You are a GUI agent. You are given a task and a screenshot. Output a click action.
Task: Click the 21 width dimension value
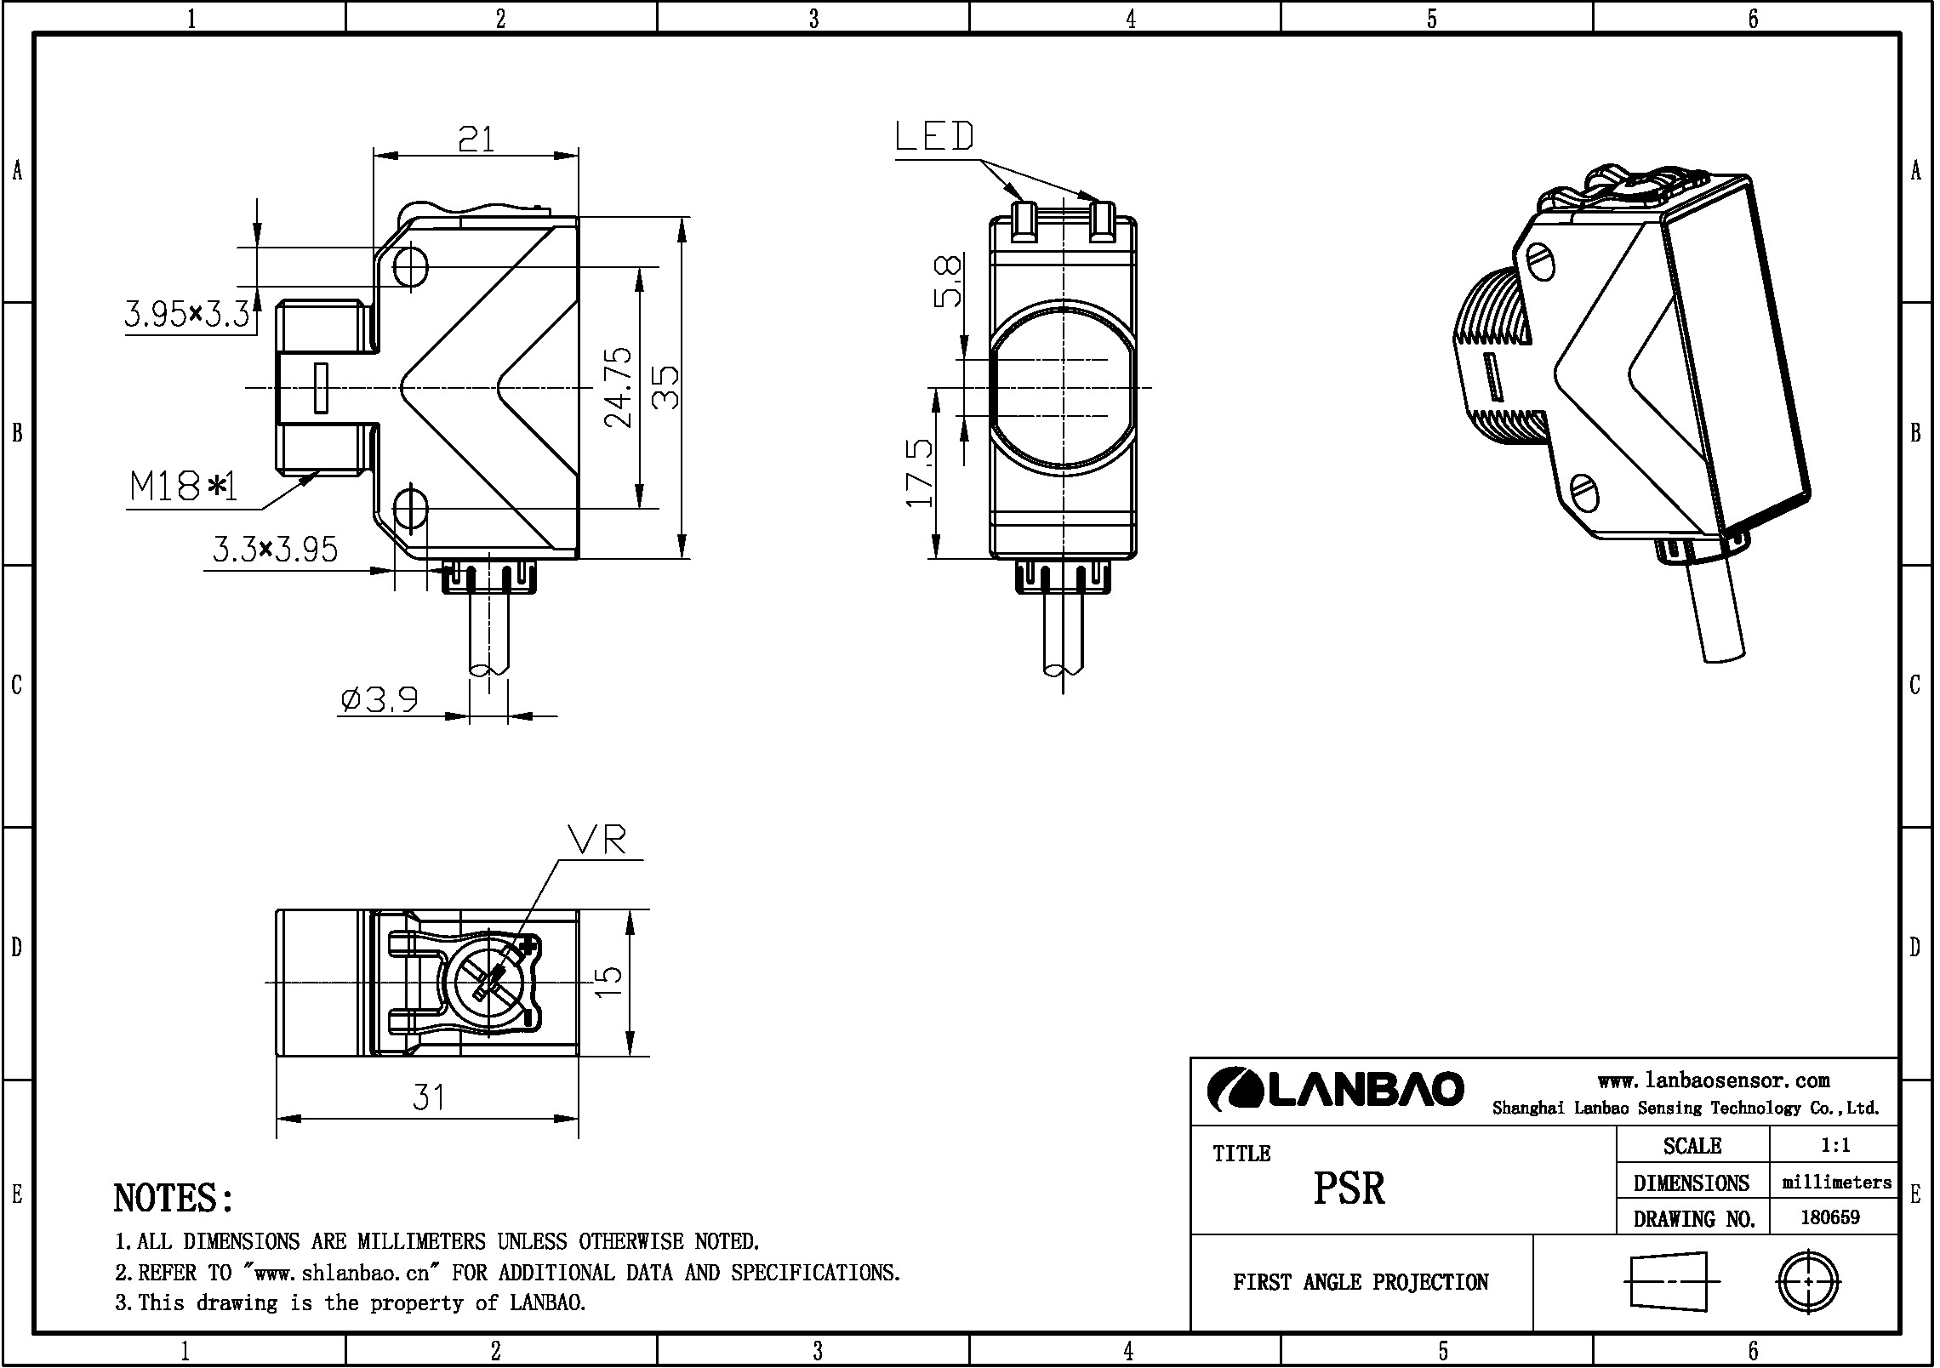click(476, 139)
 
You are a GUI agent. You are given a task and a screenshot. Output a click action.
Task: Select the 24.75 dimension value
click(619, 387)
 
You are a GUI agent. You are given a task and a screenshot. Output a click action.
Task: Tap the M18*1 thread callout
click(183, 487)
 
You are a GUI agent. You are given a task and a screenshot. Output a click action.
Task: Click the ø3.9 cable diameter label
click(379, 699)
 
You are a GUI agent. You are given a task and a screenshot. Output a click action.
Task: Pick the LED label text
click(934, 137)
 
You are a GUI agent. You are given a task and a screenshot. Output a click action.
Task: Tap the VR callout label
click(597, 841)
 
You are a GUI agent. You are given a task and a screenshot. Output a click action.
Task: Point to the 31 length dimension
click(429, 1097)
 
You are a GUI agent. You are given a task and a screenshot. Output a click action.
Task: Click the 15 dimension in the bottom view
click(608, 983)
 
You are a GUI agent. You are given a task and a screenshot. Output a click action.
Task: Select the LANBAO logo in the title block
click(1335, 1089)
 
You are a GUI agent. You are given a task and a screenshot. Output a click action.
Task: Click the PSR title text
click(1349, 1188)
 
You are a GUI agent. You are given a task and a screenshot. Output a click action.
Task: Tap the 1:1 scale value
click(1835, 1145)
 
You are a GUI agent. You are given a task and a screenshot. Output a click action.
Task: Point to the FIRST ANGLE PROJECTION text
click(1360, 1282)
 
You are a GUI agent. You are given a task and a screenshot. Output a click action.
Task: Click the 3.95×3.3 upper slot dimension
click(188, 315)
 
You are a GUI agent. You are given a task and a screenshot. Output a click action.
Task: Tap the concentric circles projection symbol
click(1808, 1281)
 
